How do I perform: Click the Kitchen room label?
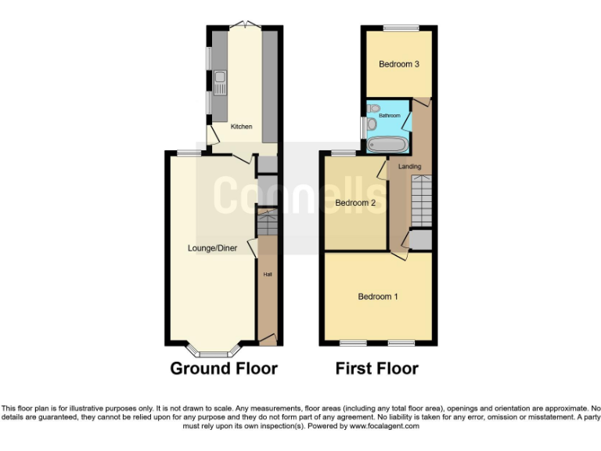241,126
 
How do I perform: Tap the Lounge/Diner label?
212,249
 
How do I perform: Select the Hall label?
267,275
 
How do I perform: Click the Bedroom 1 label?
378,297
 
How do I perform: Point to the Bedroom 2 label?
355,203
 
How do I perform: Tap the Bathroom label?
390,116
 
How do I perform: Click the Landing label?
409,167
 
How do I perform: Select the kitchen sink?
221,78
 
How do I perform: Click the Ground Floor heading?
224,368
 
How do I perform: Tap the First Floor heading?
376,368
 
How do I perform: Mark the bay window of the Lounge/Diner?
211,347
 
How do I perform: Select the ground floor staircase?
266,224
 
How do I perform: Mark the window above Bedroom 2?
343,152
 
